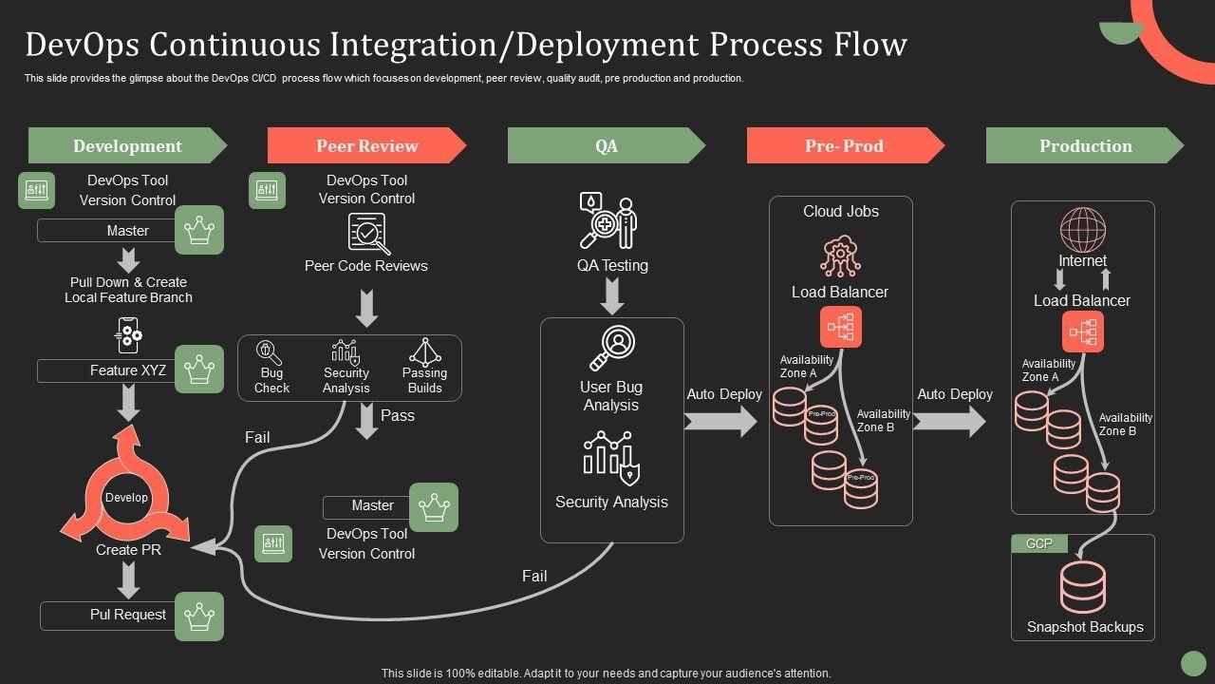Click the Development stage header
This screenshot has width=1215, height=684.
coord(127,145)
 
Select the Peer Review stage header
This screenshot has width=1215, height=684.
coord(366,145)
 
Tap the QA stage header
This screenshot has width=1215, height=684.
coord(606,145)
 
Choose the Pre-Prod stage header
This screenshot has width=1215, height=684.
coord(845,145)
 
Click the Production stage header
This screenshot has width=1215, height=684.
coord(1085,145)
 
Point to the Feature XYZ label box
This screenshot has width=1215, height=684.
coord(106,370)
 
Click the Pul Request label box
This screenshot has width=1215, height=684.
coord(106,615)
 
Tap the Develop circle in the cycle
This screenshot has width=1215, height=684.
coord(127,498)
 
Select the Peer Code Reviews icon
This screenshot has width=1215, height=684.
coord(367,234)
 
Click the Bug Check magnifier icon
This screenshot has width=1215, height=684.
coord(271,352)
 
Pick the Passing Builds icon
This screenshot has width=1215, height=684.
coord(424,351)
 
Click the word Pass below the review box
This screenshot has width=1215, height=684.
coord(397,415)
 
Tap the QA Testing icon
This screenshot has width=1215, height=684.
coord(609,222)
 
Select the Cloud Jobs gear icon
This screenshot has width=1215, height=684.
coord(840,256)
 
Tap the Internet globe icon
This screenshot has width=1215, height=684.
coord(1083,231)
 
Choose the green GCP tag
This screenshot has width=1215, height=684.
coord(1039,543)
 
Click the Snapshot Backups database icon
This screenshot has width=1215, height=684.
coord(1083,587)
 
